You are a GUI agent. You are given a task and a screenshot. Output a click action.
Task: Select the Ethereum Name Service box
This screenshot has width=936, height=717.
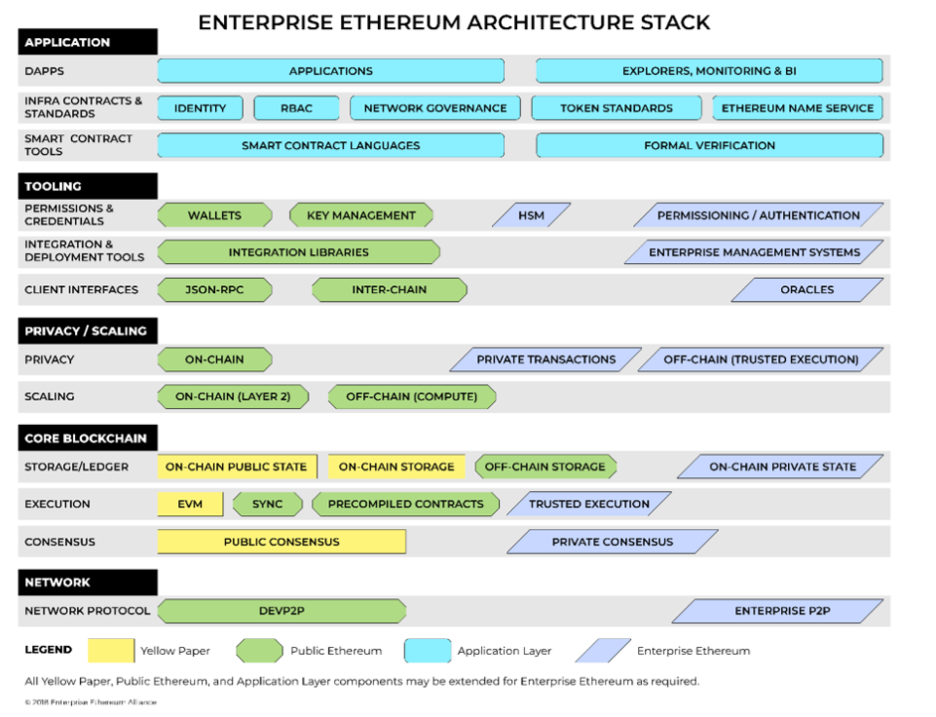[x=797, y=108]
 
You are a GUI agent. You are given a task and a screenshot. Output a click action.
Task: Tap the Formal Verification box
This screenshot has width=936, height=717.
[x=709, y=145]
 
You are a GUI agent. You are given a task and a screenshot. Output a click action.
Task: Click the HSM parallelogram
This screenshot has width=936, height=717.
[x=531, y=215]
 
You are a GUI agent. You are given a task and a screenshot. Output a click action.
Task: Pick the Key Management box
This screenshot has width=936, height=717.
[x=360, y=215]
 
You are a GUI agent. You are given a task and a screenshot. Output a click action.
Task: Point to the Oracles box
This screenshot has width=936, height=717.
[x=806, y=289]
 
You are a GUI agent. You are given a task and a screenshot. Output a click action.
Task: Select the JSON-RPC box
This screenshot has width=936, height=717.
[x=214, y=289]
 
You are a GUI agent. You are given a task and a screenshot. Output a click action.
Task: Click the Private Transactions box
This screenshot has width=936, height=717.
[x=545, y=359]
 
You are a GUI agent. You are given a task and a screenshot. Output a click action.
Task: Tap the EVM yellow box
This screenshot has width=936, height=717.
[x=191, y=504]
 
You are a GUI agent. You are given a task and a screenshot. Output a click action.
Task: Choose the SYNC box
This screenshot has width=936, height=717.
[x=267, y=504]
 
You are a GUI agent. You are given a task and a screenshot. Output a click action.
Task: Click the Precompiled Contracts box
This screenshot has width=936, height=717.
[x=405, y=504]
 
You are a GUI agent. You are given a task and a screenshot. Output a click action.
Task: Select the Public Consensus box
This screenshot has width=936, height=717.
[x=281, y=542]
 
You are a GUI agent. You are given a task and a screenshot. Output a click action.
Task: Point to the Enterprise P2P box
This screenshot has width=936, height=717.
[x=777, y=612]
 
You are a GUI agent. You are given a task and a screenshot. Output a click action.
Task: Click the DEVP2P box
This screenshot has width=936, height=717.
[x=281, y=612]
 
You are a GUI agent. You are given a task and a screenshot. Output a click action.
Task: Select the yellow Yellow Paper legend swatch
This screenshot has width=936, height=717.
[x=110, y=650]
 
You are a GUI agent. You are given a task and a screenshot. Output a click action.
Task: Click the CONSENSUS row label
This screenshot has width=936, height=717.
[x=57, y=542]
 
